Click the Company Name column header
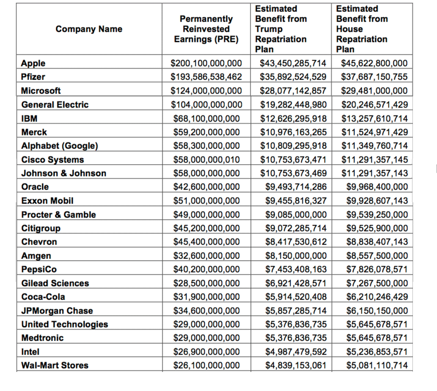point(88,29)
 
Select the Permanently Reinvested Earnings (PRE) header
point(206,29)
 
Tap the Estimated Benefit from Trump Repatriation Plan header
point(281,29)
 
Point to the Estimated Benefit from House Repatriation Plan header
point(362,29)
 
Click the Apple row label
point(33,63)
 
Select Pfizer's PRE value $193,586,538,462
point(206,77)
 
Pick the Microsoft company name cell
point(41,91)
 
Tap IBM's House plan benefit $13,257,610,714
point(374,118)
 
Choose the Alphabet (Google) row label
point(60,146)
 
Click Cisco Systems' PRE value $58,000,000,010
point(206,160)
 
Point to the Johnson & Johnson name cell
point(64,173)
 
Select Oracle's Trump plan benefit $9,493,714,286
point(296,187)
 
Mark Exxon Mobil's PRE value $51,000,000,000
point(206,201)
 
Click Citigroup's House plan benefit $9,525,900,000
point(377,228)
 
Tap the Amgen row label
point(36,256)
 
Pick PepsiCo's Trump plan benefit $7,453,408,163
point(296,269)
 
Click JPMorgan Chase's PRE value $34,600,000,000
point(206,311)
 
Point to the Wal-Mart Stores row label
point(55,365)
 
